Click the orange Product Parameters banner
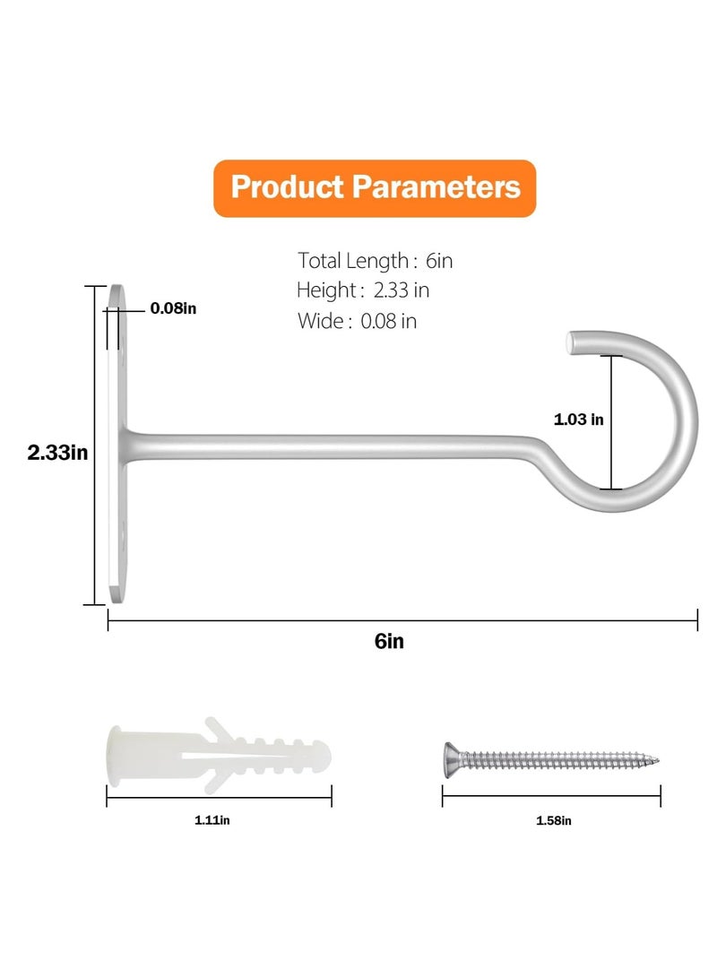[x=375, y=188]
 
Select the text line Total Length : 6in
[x=375, y=261]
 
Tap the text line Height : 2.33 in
[x=363, y=290]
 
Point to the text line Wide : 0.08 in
[x=358, y=321]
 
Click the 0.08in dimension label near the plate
[x=173, y=308]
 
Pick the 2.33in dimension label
[x=57, y=452]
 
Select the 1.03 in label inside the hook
[x=579, y=420]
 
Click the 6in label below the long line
[x=389, y=641]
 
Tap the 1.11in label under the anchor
[x=212, y=820]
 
